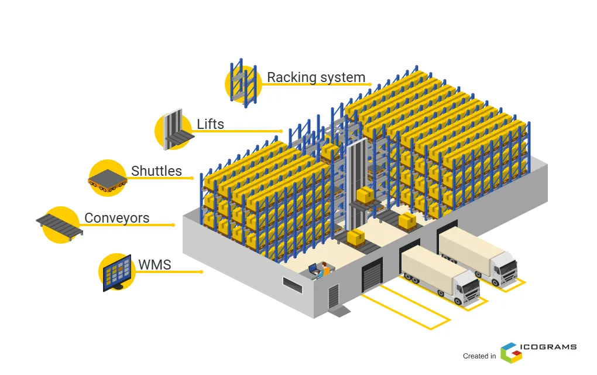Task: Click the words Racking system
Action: (x=316, y=77)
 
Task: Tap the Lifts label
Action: (x=210, y=124)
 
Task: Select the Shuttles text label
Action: (x=156, y=171)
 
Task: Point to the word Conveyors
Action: (x=116, y=218)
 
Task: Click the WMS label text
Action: (x=155, y=265)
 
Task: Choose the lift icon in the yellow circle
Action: (x=174, y=129)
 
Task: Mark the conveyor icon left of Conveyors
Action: (x=60, y=223)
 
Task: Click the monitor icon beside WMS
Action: (x=117, y=272)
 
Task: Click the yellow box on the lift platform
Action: (x=365, y=195)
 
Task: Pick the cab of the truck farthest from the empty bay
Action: (x=505, y=267)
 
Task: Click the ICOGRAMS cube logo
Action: (x=508, y=351)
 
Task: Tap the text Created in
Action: (x=479, y=356)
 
